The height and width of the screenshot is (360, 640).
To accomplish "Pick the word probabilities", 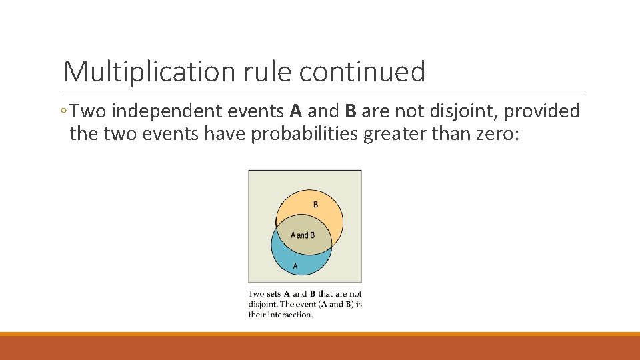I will pyautogui.click(x=305, y=134).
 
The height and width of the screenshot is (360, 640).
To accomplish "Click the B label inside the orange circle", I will pyautogui.click(x=315, y=204).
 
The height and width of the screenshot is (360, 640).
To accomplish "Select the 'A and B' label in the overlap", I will pyautogui.click(x=303, y=235).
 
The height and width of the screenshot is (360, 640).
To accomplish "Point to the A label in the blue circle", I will pyautogui.click(x=295, y=265).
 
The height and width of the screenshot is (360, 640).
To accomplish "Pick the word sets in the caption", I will pyautogui.click(x=273, y=294).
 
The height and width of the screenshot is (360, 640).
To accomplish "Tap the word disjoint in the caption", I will pyautogui.click(x=262, y=304).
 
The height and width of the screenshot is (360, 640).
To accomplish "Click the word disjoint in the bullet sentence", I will pyautogui.click(x=459, y=111).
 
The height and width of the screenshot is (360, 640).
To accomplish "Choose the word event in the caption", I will pyautogui.click(x=304, y=304).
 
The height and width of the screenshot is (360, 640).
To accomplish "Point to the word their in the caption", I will pyautogui.click(x=257, y=315).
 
